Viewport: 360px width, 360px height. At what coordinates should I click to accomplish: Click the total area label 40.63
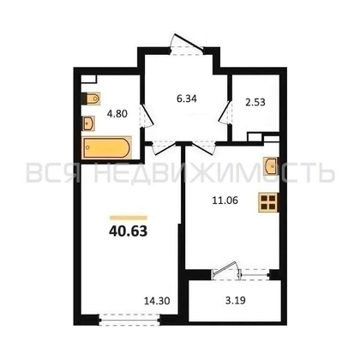tap(128, 231)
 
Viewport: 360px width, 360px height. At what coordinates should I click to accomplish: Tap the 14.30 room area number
tap(157, 301)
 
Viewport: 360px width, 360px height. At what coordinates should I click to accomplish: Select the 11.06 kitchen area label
tap(225, 201)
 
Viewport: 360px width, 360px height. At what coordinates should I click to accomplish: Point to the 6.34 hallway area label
tap(187, 99)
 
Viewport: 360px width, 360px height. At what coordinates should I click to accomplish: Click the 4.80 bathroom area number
tap(117, 114)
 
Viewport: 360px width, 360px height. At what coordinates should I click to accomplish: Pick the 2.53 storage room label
tap(255, 102)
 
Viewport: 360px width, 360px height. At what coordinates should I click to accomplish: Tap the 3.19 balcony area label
tap(236, 300)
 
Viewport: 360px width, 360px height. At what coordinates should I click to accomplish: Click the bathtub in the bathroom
tap(107, 147)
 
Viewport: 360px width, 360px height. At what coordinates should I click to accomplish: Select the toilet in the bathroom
tap(91, 99)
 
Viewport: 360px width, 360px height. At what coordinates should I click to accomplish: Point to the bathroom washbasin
tap(88, 123)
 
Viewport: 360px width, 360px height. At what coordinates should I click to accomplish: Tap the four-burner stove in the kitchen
tap(268, 202)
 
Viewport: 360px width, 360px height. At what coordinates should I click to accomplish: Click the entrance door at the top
tap(187, 45)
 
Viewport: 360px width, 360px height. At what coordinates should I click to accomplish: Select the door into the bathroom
tap(146, 116)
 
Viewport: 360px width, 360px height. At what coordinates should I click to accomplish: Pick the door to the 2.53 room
tap(225, 113)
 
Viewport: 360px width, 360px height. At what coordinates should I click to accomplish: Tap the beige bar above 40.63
tap(129, 218)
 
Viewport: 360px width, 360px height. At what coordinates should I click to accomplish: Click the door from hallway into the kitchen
tap(203, 147)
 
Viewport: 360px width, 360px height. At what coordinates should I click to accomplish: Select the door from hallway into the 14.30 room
tap(164, 147)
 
